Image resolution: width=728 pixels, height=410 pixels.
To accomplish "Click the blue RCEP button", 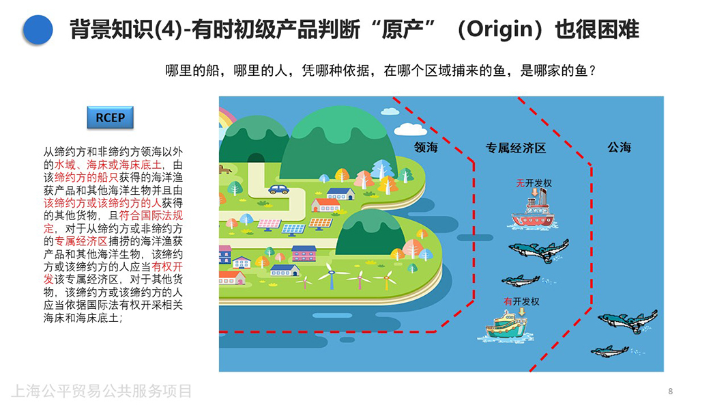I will pos(110,118).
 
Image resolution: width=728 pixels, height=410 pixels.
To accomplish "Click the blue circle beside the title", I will pos(38,30).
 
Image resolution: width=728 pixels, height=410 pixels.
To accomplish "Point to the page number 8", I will pos(671,392).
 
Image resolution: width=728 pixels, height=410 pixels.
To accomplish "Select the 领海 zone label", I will pos(426,148).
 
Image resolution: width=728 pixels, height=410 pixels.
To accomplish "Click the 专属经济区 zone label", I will pos(516,148).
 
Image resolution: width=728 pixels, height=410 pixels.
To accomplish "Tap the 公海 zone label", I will pos(620,148).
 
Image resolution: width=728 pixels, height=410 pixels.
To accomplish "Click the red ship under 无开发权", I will pos(533,213).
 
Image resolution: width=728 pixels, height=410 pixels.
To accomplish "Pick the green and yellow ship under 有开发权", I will pos(506,325).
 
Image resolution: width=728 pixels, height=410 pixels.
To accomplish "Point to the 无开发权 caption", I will pos(534,184).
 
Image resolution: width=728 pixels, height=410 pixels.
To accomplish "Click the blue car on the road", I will pos(278,189).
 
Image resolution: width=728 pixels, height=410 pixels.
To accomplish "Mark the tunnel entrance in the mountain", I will pos(256,159).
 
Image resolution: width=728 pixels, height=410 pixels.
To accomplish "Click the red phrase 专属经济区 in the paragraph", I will pos(81,241).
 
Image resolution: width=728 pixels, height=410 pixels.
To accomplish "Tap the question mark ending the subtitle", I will pos(592,71).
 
